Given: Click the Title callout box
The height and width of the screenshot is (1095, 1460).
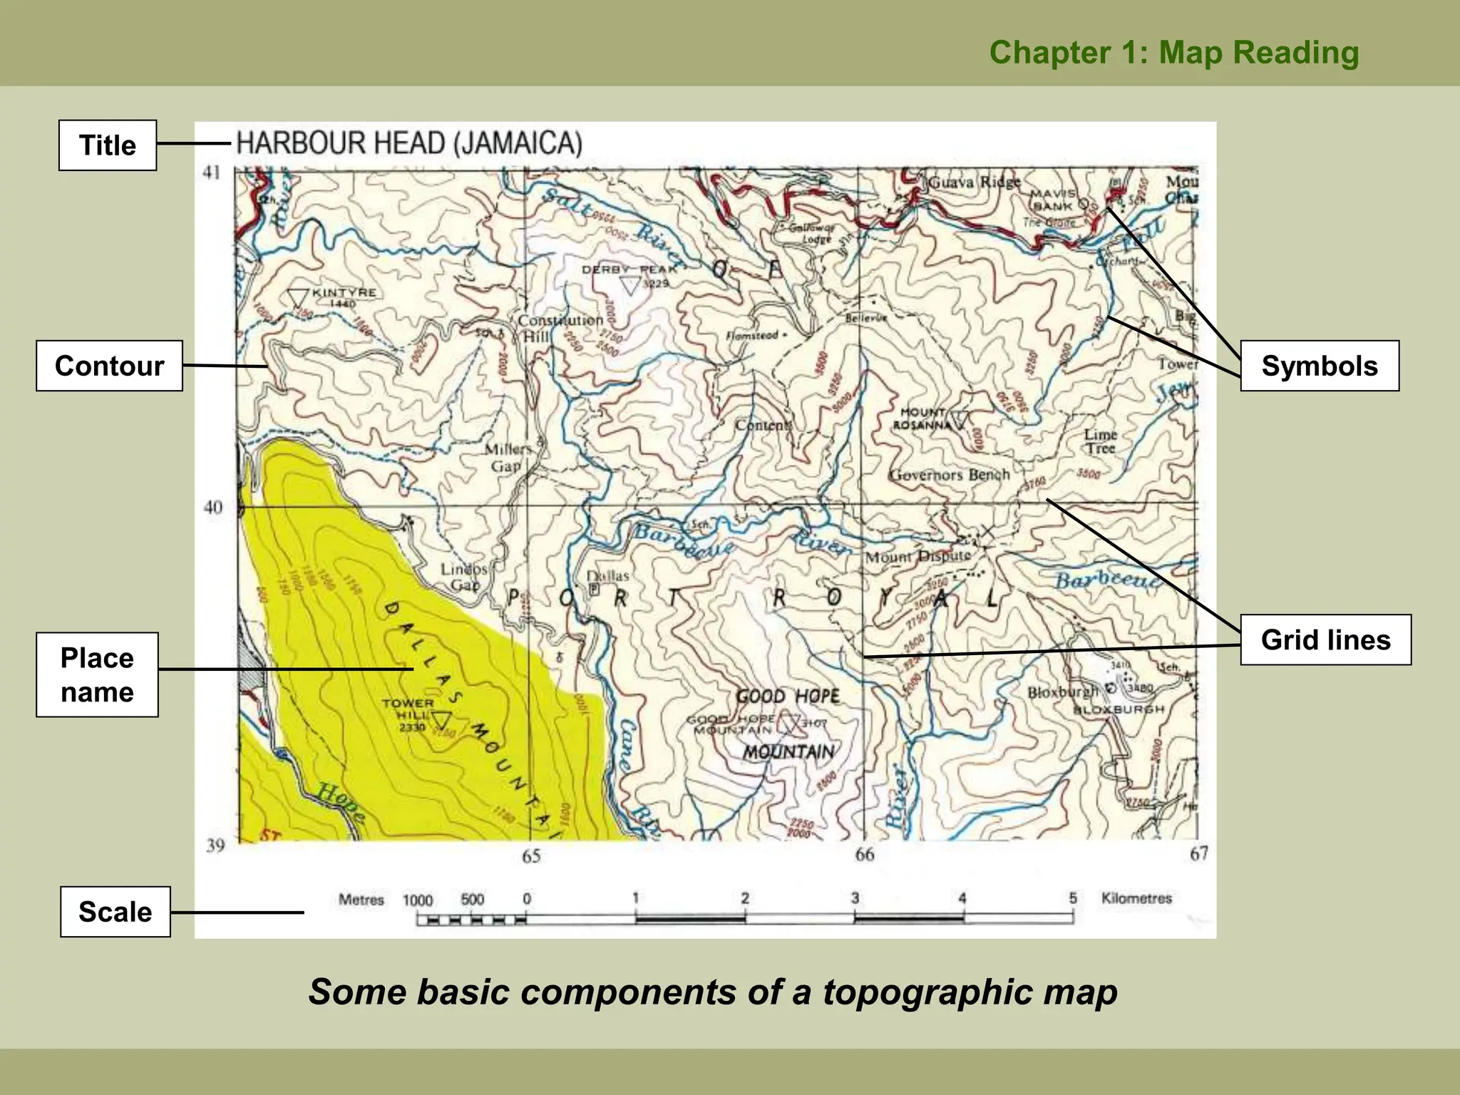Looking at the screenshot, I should (108, 145).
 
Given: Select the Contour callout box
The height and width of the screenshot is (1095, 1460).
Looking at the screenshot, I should (109, 366).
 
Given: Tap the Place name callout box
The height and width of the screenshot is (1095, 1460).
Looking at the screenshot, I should (97, 674).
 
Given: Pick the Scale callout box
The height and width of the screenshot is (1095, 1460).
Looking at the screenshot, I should (115, 912).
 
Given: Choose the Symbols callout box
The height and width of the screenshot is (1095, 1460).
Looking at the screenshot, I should (1320, 366).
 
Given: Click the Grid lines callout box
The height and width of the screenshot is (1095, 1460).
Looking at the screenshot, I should (1325, 639).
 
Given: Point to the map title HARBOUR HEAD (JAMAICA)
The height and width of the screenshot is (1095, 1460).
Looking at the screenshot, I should (409, 143).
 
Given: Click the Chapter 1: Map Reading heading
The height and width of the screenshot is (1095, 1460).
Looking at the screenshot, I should (1174, 53).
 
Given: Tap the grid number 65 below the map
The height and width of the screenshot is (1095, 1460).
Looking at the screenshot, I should (531, 856).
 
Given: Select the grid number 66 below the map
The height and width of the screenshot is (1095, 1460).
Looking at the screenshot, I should (864, 854).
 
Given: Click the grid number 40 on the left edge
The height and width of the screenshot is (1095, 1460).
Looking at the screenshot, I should (213, 508).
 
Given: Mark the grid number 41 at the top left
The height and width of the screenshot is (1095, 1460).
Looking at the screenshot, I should (212, 173).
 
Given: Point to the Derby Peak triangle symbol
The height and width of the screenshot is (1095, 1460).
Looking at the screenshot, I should (630, 285).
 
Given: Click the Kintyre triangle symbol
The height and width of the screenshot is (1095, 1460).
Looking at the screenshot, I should (297, 297).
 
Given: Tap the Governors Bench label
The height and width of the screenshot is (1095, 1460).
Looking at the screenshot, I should (949, 475).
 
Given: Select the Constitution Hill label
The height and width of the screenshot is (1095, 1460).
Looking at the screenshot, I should (560, 328).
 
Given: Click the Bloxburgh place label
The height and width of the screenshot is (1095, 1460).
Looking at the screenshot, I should (1063, 692).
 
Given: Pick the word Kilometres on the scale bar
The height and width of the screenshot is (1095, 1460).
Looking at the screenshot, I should (1136, 898).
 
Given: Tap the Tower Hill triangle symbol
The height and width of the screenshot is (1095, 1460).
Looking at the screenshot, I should (442, 719).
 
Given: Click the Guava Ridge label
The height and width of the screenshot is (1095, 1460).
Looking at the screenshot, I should (974, 182).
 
